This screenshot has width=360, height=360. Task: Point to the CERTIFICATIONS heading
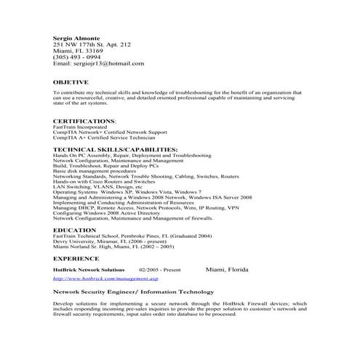[84, 121]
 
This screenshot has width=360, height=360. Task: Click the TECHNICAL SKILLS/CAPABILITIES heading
[116, 149]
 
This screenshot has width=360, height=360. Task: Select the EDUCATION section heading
[75, 230]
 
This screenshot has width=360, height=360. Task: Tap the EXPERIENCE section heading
[76, 258]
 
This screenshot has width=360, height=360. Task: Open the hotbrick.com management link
[106, 278]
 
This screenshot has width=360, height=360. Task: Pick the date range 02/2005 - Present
[159, 270]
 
